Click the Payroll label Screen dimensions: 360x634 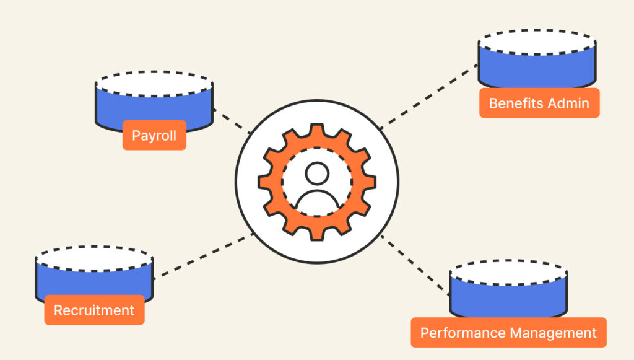coord(154,135)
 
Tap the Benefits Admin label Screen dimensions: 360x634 coord(539,103)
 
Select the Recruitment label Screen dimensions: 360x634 coord(94,310)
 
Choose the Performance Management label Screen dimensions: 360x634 coord(508,333)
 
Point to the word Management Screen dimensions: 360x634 coord(552,333)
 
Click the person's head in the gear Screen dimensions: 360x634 coord(317,175)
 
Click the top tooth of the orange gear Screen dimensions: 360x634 coord(317,133)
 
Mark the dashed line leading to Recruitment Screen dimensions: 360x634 coord(203,257)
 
